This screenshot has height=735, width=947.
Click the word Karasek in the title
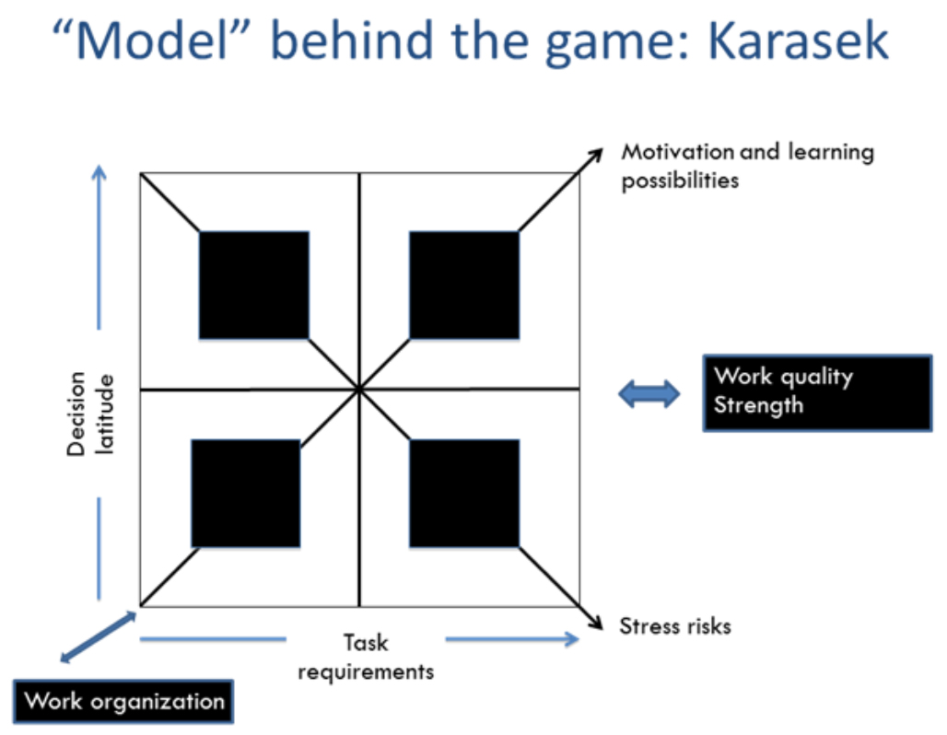(797, 41)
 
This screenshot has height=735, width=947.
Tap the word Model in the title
(152, 41)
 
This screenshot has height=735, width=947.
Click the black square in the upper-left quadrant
(254, 285)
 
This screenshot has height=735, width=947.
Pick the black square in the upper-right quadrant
(464, 285)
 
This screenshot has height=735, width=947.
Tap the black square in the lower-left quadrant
(246, 494)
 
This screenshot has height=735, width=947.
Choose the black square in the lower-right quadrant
(464, 494)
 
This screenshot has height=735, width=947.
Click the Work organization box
(123, 701)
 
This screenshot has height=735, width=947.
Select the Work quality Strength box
(818, 393)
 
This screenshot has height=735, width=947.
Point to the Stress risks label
(675, 626)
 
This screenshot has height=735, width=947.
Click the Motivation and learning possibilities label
(748, 166)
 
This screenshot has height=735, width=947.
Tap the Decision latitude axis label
(90, 414)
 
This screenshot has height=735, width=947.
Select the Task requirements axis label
(366, 657)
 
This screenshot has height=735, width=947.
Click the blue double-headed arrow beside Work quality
(649, 394)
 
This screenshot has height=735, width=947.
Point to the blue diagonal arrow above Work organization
(99, 637)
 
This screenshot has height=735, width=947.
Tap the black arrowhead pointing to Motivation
(595, 155)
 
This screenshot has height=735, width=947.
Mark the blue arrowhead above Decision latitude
(99, 172)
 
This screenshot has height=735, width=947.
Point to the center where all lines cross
(359, 390)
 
